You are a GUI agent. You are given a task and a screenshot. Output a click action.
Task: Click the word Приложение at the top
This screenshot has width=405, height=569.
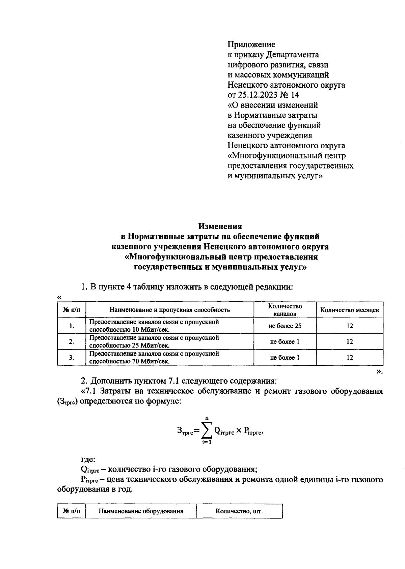[x=251, y=44]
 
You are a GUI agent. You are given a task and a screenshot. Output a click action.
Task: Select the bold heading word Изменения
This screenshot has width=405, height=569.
[x=220, y=226]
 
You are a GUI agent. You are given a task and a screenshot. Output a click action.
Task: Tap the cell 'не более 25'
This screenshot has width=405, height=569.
[x=285, y=326]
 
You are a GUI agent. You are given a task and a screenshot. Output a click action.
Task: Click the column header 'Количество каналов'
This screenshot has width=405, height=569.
[x=285, y=310]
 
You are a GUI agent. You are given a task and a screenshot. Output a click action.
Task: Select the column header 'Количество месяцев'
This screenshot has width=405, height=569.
[x=349, y=310]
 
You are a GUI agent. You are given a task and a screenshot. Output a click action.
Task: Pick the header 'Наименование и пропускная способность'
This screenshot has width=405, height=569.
[x=170, y=310]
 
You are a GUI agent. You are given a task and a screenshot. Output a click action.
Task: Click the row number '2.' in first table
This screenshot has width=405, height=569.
[x=72, y=342]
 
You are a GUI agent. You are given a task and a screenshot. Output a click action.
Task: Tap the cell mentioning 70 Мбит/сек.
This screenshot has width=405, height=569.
[x=154, y=358]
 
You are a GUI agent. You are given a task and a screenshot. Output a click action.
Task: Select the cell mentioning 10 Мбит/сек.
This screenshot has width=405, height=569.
[x=154, y=326]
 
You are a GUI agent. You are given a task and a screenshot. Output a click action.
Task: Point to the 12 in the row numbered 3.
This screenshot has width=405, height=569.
[x=349, y=358]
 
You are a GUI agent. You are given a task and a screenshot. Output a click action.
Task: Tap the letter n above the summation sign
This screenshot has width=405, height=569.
[x=207, y=418]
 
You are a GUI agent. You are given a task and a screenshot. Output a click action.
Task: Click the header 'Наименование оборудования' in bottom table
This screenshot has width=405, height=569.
[x=141, y=511]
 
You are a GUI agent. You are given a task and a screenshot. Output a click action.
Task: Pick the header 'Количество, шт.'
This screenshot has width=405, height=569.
[x=239, y=511]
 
